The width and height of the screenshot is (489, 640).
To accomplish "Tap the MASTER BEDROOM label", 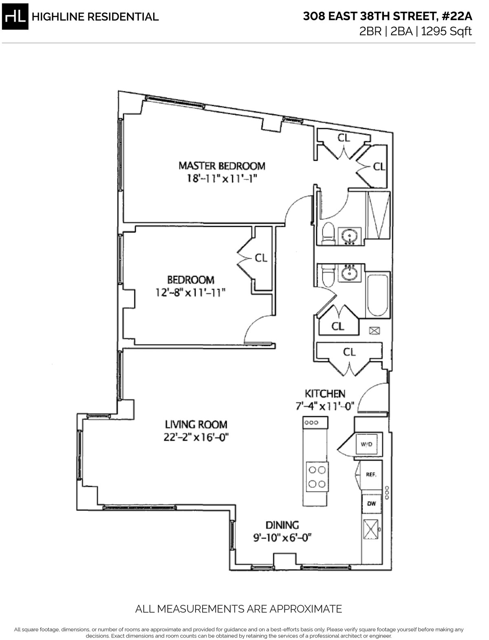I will tap(222, 166).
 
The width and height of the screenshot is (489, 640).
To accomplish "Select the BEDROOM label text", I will tap(191, 280).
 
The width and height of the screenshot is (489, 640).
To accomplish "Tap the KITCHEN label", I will tap(325, 394).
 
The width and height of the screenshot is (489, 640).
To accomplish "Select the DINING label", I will tap(282, 525).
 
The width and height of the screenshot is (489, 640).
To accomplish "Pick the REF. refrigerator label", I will tap(370, 475).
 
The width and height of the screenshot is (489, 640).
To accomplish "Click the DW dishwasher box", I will tap(371, 504).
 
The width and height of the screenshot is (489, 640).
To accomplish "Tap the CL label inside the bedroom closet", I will tap(261, 258).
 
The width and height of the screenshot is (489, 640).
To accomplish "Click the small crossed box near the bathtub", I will tap(374, 331).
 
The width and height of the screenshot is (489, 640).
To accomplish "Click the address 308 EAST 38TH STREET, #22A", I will tap(387, 16).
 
